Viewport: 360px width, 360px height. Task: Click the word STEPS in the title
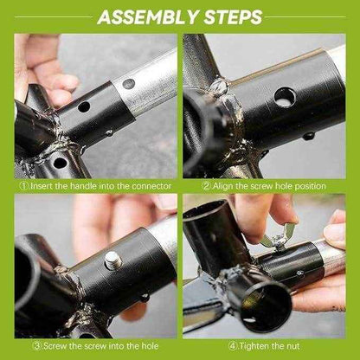pyautogui.click(x=234, y=17)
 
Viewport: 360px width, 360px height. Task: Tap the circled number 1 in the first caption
pyautogui.click(x=24, y=186)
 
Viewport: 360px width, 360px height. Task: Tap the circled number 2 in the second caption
pyautogui.click(x=207, y=186)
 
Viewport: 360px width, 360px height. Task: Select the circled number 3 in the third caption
pyautogui.click(x=38, y=346)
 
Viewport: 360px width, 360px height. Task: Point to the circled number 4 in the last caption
pyautogui.click(x=233, y=346)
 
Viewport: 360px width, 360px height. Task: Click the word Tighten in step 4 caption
pyautogui.click(x=254, y=346)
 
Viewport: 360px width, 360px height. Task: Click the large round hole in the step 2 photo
pyautogui.click(x=285, y=98)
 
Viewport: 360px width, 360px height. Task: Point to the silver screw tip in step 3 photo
pyautogui.click(x=112, y=260)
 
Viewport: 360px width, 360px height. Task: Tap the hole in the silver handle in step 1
pyautogui.click(x=129, y=84)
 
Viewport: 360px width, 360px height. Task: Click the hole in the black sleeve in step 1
pyautogui.click(x=84, y=106)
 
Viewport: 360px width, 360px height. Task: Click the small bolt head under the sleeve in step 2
pyautogui.click(x=309, y=135)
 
